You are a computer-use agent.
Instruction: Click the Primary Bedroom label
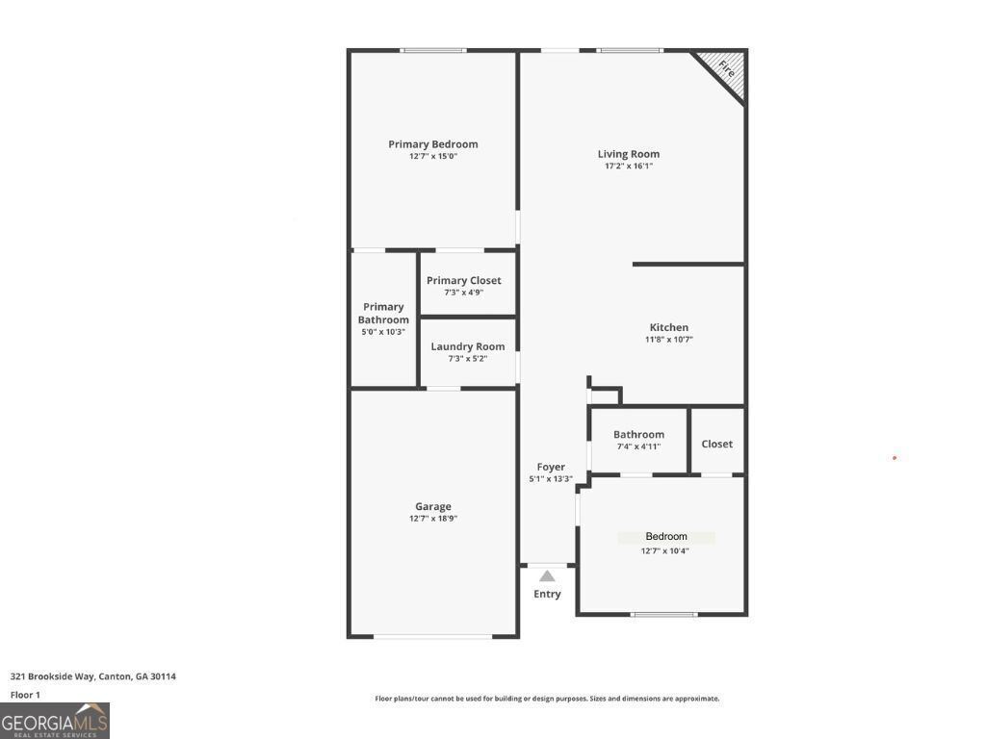[x=432, y=144]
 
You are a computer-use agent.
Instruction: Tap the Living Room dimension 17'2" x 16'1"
[x=628, y=166]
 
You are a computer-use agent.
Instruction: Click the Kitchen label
[x=668, y=327]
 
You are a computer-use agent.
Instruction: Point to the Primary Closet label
[x=463, y=281]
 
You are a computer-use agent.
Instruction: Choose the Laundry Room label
[x=467, y=346]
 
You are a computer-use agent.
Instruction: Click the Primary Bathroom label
[x=383, y=313]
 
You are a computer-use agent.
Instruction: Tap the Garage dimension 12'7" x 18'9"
[x=432, y=519]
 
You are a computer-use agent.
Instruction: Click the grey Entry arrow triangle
[x=547, y=576]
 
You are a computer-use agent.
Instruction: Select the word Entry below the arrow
[x=547, y=594]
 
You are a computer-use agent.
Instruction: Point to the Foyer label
[x=551, y=467]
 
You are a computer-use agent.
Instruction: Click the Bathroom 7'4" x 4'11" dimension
[x=638, y=446]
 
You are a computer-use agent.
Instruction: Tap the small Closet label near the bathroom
[x=716, y=444]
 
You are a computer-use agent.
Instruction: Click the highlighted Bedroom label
[x=666, y=537]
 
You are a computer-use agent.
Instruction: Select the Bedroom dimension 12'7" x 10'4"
[x=664, y=551]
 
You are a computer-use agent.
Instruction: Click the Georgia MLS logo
[x=55, y=721]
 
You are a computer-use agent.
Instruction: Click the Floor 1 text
[x=25, y=695]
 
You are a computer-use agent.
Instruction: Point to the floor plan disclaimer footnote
[x=546, y=699]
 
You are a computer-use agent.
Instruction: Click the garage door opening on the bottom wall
[x=432, y=636]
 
